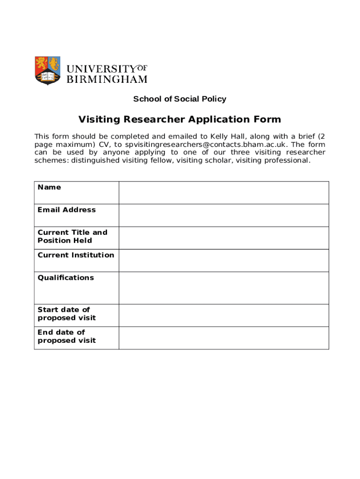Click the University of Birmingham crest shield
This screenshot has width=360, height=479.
click(48, 70)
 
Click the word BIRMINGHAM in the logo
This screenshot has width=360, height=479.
click(107, 80)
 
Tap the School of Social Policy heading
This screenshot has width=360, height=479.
click(180, 99)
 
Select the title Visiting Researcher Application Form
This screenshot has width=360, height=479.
click(180, 119)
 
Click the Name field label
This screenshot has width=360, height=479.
click(49, 187)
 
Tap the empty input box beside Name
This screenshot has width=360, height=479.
click(224, 193)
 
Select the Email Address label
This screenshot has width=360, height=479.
click(66, 210)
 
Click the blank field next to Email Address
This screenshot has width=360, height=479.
click(224, 215)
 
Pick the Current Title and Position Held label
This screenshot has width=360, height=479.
click(72, 236)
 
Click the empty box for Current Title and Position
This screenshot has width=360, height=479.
click(224, 238)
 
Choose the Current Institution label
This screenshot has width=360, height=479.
click(76, 255)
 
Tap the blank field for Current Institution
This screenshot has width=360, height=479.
click(224, 261)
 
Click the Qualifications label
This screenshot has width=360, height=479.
click(65, 277)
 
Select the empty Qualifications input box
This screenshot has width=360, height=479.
click(224, 288)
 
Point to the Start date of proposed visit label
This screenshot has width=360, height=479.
click(67, 313)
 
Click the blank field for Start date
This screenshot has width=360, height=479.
click(224, 315)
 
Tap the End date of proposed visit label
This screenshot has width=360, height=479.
click(67, 336)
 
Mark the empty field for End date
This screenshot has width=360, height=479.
click(224, 338)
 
